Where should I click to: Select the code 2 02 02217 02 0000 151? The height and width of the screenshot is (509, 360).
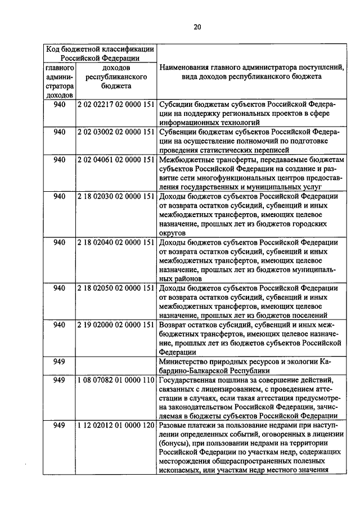point(116,105)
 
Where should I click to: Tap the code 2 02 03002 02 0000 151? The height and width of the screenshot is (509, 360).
point(116,132)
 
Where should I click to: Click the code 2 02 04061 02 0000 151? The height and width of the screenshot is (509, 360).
point(116,160)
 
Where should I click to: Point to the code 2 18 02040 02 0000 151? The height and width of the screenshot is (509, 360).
point(116,242)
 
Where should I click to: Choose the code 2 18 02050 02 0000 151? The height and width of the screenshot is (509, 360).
point(116,288)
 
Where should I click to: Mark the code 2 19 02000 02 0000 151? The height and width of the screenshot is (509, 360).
point(116,325)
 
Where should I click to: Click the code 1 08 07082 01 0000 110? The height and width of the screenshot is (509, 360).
point(116,380)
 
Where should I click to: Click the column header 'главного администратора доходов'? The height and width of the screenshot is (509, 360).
point(60,81)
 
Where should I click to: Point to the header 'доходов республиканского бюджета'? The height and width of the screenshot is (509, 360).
point(116,76)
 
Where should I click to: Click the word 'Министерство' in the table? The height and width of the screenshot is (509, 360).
point(183,362)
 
